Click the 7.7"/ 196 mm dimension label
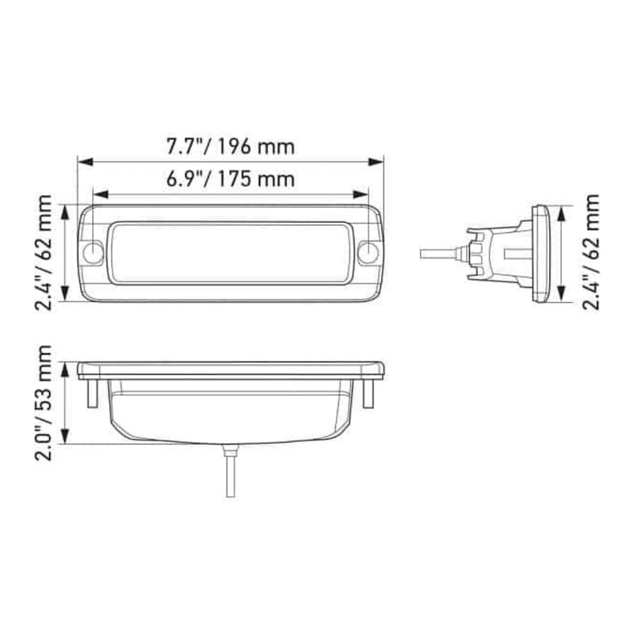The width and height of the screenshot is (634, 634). click(x=231, y=146)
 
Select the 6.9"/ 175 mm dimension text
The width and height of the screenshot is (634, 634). click(x=231, y=179)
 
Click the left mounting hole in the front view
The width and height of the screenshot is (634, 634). click(x=94, y=254)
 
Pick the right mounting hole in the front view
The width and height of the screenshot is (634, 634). click(x=368, y=254)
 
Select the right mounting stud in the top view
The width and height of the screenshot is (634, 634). click(x=368, y=394)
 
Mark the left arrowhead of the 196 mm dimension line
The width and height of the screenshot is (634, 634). click(x=83, y=162)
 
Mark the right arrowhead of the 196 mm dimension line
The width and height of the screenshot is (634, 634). click(x=379, y=162)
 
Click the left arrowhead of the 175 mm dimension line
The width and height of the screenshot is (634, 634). click(x=98, y=194)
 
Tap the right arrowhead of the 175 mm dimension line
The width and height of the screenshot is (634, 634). click(x=364, y=194)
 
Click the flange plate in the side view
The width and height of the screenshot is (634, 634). click(x=540, y=254)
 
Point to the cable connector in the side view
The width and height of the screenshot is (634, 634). click(x=475, y=253)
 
